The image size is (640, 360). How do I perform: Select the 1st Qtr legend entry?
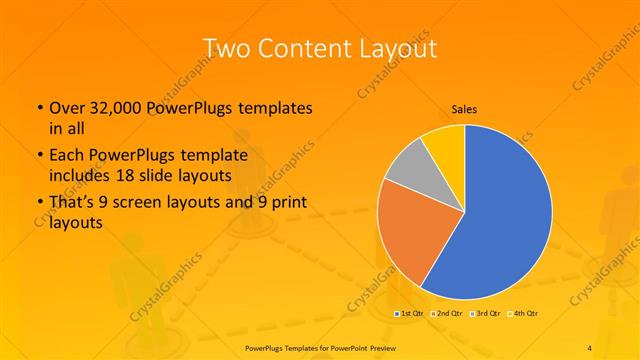(411, 314)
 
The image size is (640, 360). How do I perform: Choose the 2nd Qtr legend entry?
(449, 314)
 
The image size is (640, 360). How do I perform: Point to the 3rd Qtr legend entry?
(487, 314)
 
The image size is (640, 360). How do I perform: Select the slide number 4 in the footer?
(590, 347)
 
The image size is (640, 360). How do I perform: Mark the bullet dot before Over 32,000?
(38, 108)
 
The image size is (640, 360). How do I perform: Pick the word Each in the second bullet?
(68, 157)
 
